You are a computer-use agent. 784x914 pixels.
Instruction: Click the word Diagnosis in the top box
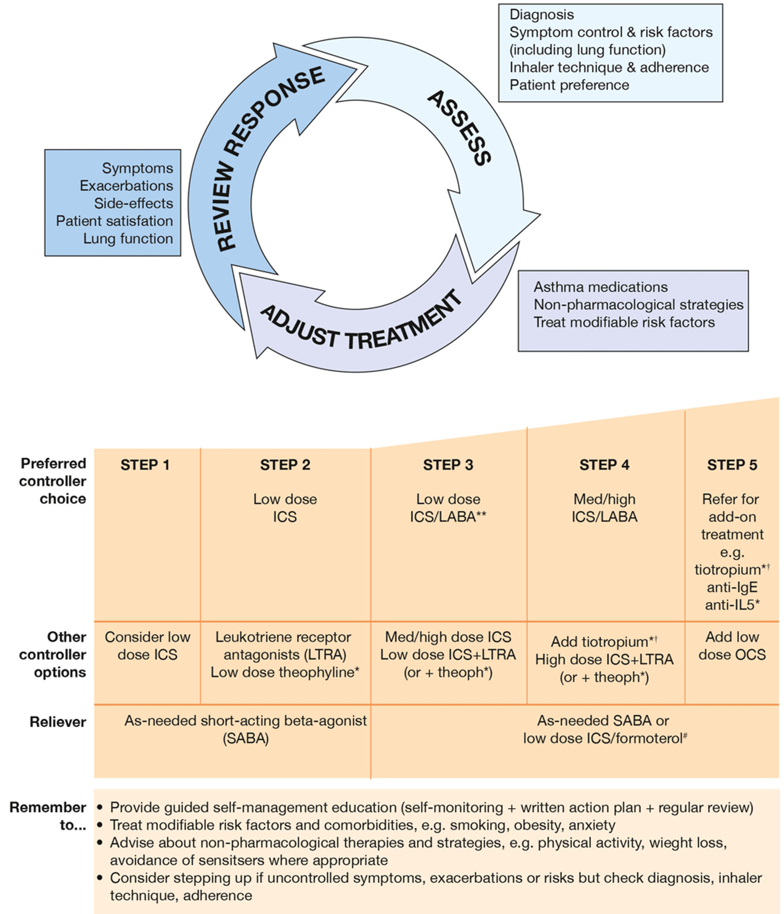541,15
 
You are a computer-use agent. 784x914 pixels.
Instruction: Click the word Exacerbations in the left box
126,186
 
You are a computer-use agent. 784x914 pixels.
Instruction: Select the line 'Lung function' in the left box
128,239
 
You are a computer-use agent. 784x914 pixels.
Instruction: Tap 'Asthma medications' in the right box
601,287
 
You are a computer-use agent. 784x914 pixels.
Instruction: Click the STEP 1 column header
145,465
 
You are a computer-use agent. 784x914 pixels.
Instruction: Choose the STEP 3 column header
448,465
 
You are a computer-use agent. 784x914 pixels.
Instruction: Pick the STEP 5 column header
732,465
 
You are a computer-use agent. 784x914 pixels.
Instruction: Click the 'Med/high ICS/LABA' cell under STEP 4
604,508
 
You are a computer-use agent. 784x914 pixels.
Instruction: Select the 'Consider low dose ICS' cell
147,646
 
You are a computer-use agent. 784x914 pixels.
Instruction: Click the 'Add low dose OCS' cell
732,646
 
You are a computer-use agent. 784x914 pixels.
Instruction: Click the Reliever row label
58,722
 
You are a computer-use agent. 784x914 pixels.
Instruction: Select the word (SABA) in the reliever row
246,738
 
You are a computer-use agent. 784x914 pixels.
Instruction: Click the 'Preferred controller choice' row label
53,481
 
